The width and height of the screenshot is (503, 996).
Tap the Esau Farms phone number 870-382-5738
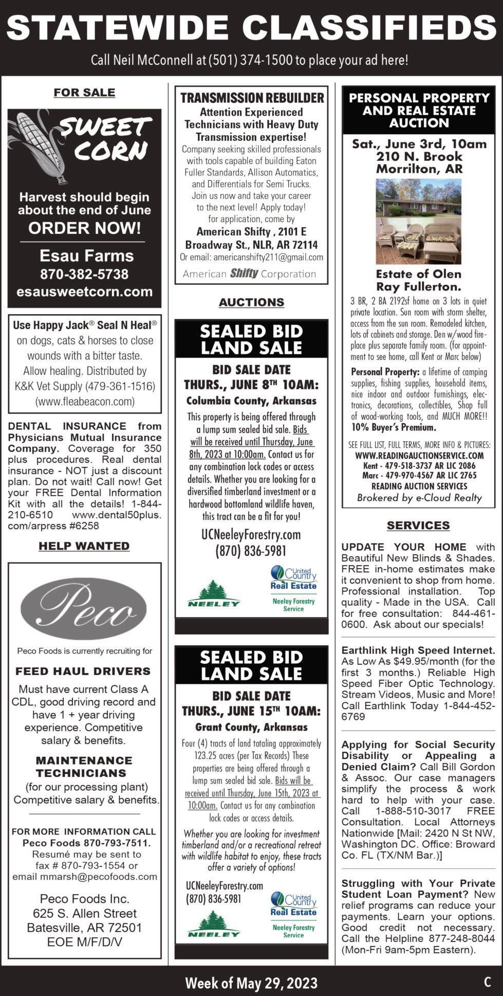[x=84, y=274]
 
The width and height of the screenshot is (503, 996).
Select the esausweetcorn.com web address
[x=84, y=292]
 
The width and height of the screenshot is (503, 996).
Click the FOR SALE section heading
[x=84, y=93]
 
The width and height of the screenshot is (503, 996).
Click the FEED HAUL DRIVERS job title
[x=83, y=671]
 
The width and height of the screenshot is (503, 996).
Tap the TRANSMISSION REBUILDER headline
[x=252, y=98]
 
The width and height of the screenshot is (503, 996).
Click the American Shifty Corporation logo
[x=249, y=274]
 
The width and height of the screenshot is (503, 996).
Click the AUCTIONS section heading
[x=251, y=302]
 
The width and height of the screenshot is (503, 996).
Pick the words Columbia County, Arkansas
[x=251, y=401]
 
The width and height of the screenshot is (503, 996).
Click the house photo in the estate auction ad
[x=418, y=198]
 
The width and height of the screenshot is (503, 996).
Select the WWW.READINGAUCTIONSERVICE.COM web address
[x=419, y=455]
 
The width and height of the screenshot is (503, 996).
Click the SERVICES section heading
[x=418, y=526]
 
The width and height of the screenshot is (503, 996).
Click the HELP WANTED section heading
[x=84, y=546]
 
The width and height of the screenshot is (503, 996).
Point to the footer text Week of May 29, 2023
[x=251, y=983]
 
